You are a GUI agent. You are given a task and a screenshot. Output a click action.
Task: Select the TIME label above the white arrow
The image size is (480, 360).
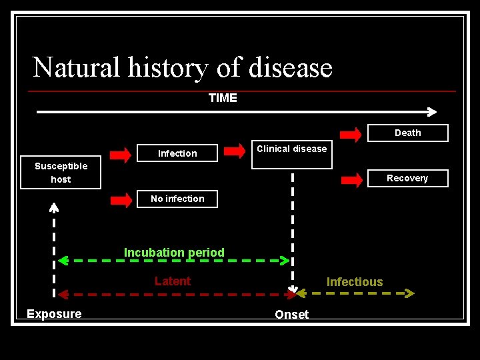pos(223,98)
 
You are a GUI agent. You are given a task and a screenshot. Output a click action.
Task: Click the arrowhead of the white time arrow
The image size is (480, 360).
pos(432,112)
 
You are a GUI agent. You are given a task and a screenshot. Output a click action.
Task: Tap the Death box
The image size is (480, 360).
pos(407,133)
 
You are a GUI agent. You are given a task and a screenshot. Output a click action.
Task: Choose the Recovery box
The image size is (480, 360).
pos(407,178)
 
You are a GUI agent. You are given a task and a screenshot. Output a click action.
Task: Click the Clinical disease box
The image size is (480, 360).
pos(291,155)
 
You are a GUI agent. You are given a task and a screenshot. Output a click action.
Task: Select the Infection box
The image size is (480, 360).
pos(177,153)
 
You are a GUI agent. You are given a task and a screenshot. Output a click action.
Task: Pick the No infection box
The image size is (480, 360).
pos(177,199)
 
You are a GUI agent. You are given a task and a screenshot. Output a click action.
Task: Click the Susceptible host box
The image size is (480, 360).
pos(61,173)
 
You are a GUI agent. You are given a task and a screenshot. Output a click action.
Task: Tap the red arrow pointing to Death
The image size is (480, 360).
pos(351,133)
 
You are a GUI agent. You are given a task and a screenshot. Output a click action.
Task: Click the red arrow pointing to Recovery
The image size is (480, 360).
pos(351,179)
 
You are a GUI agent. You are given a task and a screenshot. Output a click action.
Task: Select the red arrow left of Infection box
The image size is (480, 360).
pos(121,155)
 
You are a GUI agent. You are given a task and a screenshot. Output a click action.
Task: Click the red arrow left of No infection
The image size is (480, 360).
pos(121,199)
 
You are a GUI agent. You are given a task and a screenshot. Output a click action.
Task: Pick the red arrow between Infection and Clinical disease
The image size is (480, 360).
pos(235,151)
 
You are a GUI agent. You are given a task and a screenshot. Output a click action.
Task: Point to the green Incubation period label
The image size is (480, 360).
pos(174,253)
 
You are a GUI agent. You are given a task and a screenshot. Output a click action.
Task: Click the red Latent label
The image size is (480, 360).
pos(173,281)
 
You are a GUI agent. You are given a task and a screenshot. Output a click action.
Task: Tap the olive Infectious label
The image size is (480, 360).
pos(355,282)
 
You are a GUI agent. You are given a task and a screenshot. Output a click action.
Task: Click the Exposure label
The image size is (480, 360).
pos(54,314)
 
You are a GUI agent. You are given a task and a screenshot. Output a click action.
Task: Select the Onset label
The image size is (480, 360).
pos(292,315)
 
